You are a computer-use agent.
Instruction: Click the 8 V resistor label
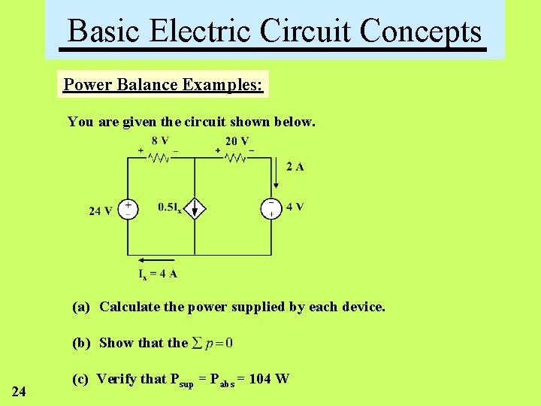(x=160, y=141)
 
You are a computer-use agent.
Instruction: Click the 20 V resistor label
(x=237, y=141)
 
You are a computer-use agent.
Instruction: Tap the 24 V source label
(x=101, y=211)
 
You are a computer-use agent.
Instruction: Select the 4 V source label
(x=295, y=208)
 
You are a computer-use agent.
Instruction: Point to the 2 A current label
(x=295, y=167)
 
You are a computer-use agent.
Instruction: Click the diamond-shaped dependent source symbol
(x=195, y=208)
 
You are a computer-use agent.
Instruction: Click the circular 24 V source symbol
(x=128, y=208)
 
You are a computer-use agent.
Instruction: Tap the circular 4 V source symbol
(x=270, y=208)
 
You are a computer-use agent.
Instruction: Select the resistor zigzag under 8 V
(x=160, y=158)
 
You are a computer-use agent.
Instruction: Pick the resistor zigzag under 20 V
(x=236, y=158)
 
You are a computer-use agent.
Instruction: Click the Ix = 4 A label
(x=158, y=274)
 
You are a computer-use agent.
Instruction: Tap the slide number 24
(x=20, y=391)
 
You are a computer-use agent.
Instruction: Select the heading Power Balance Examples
(x=163, y=84)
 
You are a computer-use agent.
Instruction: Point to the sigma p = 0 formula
(x=213, y=343)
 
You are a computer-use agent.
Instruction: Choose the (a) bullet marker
(x=81, y=307)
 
